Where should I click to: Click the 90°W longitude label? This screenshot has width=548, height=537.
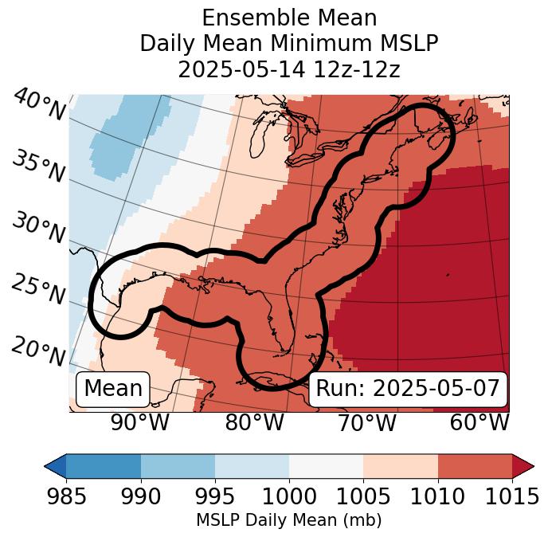(x=139, y=423)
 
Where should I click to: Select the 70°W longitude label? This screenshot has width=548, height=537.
(x=367, y=423)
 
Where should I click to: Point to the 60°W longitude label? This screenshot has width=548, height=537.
(x=479, y=423)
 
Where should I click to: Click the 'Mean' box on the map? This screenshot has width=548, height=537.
(x=113, y=389)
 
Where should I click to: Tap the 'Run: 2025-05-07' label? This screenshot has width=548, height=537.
(x=408, y=389)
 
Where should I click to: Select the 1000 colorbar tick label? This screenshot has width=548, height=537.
(x=288, y=496)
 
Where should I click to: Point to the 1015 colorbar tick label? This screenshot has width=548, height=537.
(x=512, y=496)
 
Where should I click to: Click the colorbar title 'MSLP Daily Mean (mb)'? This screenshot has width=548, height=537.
(x=288, y=520)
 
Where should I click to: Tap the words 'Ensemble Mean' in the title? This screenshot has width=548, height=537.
(x=288, y=18)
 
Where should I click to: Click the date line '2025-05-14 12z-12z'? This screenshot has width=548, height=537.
(x=288, y=69)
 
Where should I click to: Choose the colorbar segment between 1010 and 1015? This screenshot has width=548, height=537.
(x=475, y=465)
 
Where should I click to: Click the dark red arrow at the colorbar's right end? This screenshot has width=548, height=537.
(x=523, y=465)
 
